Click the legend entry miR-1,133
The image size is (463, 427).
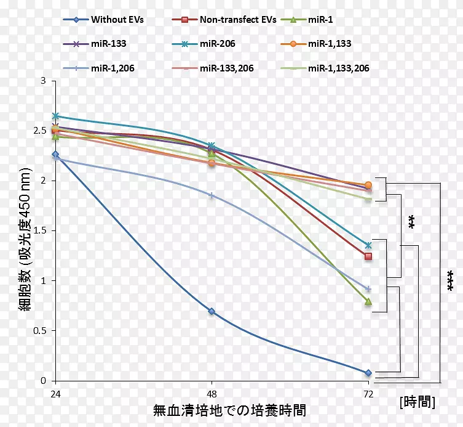[330, 44]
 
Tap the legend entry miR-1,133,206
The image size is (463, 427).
[338, 68]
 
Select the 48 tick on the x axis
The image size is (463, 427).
[212, 394]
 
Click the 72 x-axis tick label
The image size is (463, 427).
[368, 394]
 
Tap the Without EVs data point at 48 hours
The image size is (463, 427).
[212, 311]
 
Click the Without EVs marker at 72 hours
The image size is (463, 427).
[368, 373]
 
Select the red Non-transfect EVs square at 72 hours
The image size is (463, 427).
[368, 256]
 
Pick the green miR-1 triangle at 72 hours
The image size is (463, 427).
[368, 301]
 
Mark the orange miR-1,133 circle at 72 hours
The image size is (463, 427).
[368, 185]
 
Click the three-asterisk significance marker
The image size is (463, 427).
[449, 280]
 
